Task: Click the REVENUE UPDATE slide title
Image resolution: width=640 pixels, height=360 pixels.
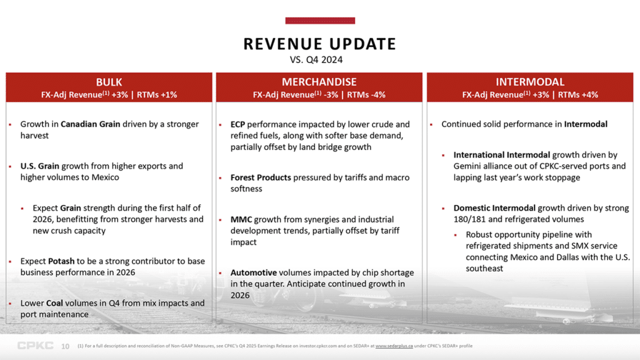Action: [319, 44]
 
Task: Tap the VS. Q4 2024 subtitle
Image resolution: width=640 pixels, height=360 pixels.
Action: [319, 60]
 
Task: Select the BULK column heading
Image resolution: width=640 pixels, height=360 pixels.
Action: [109, 82]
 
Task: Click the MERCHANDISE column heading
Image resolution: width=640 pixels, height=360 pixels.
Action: [319, 82]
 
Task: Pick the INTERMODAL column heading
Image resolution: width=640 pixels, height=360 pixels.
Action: [529, 82]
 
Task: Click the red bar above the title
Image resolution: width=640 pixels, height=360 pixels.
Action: [319, 21]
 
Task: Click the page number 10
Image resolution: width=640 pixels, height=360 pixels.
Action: [65, 346]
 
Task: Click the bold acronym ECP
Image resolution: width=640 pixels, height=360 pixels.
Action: [237, 124]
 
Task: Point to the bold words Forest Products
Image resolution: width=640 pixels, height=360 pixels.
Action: [261, 177]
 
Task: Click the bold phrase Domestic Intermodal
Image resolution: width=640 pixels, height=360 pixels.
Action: [494, 208]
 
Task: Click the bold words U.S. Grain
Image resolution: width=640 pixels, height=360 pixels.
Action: [40, 166]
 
